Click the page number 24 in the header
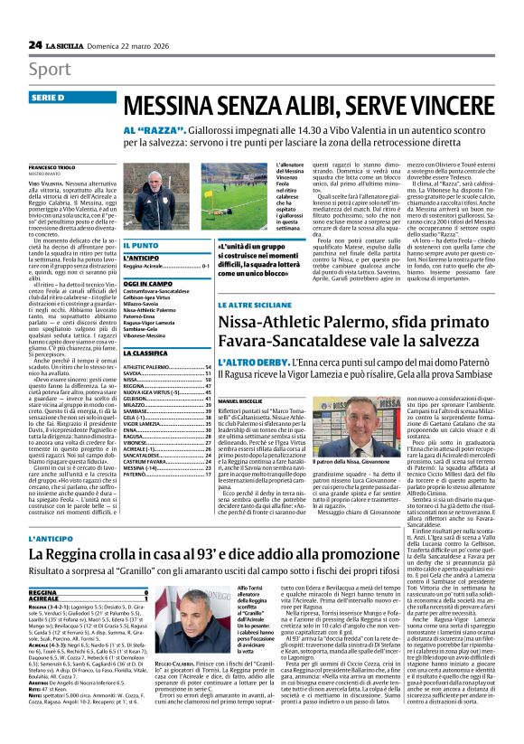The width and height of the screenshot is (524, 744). click(35, 44)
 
